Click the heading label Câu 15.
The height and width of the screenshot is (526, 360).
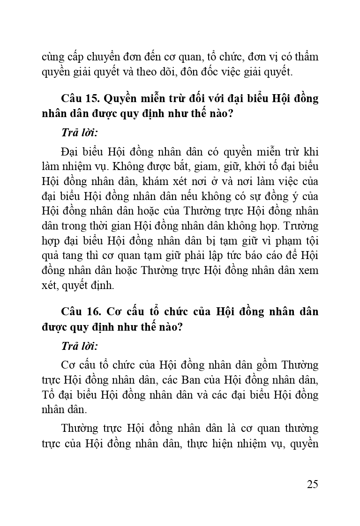click(x=79, y=99)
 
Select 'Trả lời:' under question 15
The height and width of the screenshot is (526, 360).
click(x=79, y=133)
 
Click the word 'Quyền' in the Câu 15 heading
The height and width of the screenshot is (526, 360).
click(x=120, y=99)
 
